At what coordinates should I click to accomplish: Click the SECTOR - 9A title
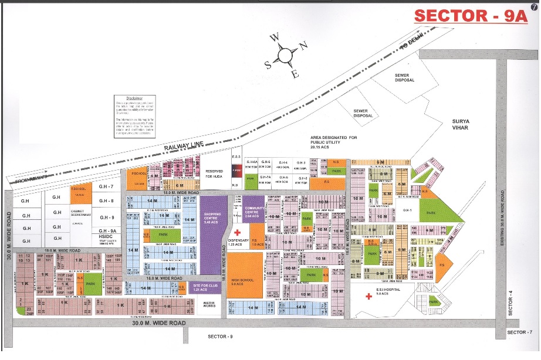pos(471,16)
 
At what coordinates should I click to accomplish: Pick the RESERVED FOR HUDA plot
pos(215,172)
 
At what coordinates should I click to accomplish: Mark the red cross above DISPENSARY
pos(237,233)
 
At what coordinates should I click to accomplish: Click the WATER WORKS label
pos(209,305)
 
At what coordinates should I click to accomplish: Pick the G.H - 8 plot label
pos(106,201)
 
